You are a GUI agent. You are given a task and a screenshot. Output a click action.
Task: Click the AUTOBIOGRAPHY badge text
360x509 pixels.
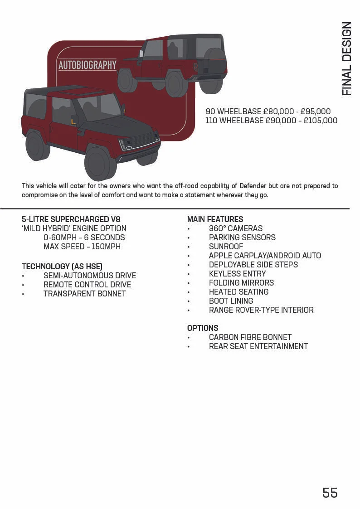click(88, 65)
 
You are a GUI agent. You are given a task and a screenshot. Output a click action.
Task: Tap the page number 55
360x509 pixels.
click(330, 493)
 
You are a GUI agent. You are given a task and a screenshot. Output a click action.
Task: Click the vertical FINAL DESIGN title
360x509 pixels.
click(347, 58)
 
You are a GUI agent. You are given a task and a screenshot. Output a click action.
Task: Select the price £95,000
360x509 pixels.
click(316, 111)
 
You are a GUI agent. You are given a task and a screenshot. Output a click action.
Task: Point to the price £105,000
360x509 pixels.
click(320, 121)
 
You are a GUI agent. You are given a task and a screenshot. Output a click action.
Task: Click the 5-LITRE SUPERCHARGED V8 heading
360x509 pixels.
click(71, 219)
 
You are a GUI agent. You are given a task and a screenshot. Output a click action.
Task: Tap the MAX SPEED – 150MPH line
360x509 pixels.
click(82, 247)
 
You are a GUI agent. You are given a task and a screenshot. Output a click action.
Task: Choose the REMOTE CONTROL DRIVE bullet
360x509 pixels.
click(87, 285)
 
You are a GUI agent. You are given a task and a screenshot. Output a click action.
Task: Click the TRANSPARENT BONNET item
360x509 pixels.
click(84, 294)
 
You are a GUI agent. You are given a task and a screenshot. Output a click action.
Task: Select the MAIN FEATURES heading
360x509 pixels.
click(215, 219)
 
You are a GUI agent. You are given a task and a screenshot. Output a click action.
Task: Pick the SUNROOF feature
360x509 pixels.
click(226, 247)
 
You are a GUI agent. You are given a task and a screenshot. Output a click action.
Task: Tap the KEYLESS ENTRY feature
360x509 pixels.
click(237, 274)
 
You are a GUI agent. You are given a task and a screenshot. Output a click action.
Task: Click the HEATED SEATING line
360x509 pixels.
click(238, 292)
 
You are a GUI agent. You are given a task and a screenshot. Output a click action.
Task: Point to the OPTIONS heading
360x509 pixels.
click(203, 328)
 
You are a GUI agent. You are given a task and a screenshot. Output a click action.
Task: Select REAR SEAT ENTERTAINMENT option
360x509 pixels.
click(258, 346)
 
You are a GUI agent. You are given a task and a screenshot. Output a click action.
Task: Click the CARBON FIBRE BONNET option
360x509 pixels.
click(250, 337)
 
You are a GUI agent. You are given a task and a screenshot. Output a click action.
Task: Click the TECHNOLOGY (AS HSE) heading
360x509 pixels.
click(62, 267)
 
